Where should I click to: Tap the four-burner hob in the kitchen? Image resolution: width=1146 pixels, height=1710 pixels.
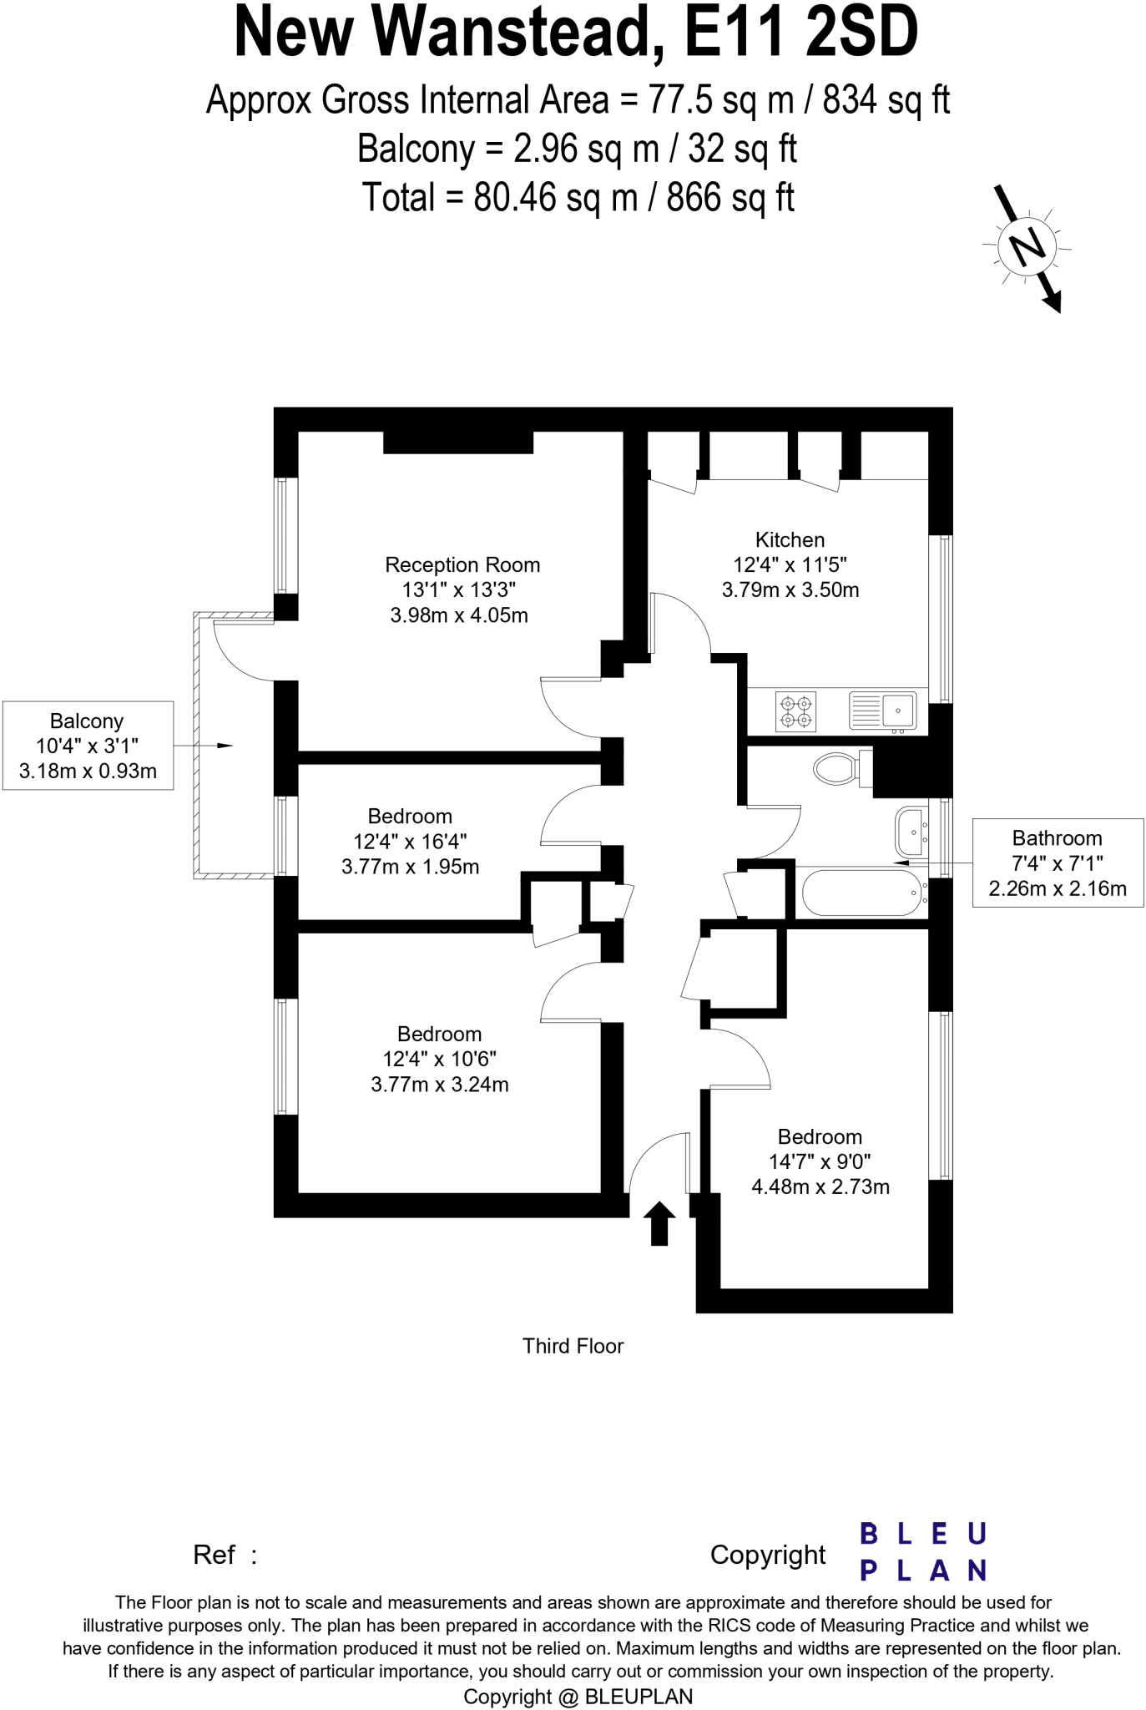(795, 711)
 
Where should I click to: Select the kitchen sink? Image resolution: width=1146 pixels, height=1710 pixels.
(883, 711)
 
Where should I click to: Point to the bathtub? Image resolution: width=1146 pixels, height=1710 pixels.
(862, 893)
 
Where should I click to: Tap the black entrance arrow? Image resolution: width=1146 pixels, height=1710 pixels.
(659, 1223)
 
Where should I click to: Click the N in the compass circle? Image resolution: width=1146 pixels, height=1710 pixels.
(1027, 246)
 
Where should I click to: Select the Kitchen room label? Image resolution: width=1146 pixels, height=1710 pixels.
(790, 539)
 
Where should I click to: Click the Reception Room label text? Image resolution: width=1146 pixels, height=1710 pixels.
(462, 564)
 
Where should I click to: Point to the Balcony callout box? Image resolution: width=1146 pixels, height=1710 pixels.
(88, 745)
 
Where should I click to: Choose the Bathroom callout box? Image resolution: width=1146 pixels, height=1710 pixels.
(1057, 863)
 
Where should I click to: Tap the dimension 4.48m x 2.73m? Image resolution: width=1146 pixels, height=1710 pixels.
(820, 1186)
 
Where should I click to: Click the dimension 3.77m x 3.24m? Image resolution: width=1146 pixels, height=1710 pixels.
(439, 1084)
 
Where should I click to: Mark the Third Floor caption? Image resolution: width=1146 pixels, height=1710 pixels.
(573, 1345)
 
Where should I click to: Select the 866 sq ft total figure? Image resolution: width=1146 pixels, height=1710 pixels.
(730, 198)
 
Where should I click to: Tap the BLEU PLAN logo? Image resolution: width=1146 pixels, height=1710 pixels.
(922, 1552)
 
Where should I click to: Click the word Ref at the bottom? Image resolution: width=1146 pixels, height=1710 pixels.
(214, 1554)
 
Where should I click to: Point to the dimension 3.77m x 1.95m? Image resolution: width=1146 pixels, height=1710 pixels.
(410, 866)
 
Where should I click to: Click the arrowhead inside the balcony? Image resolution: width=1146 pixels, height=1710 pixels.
(225, 745)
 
